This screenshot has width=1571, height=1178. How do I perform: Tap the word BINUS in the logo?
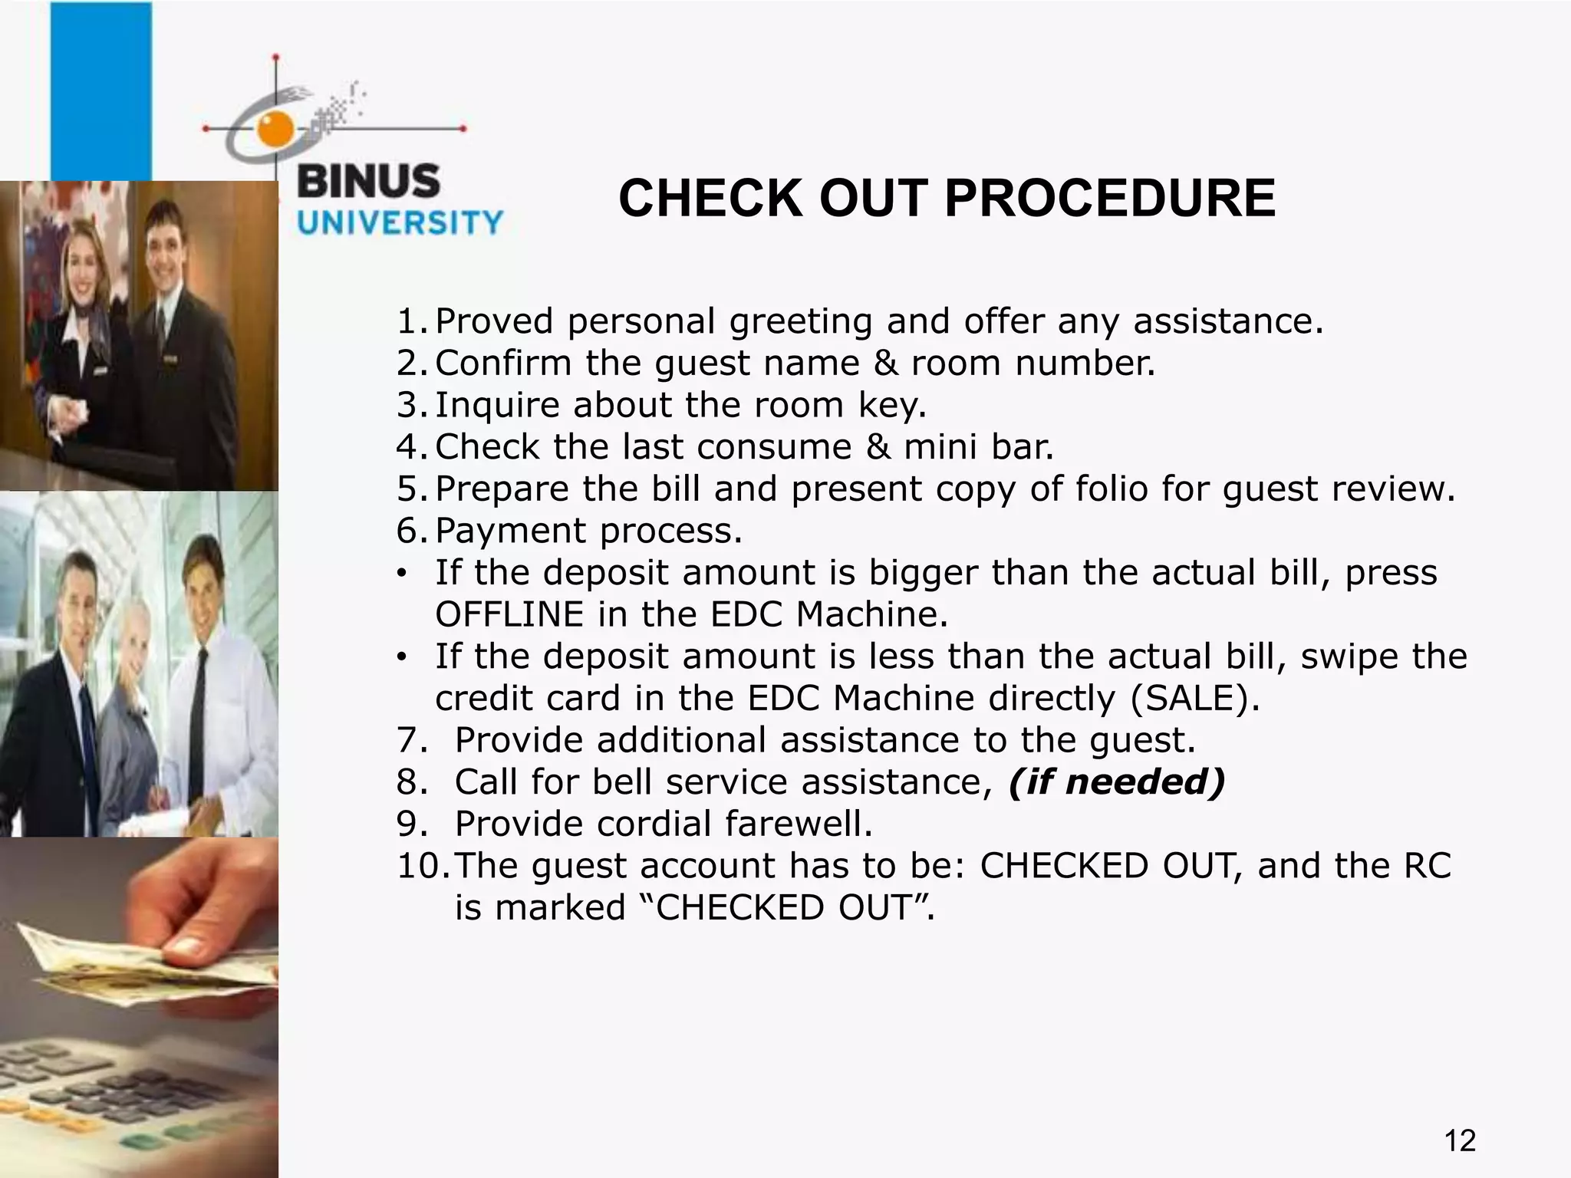pyautogui.click(x=368, y=183)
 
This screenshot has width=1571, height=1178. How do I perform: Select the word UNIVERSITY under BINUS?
pyautogui.click(x=400, y=223)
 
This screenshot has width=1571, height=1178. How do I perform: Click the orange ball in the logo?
pyautogui.click(x=275, y=128)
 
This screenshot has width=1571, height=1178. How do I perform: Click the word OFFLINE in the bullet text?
pyautogui.click(x=509, y=615)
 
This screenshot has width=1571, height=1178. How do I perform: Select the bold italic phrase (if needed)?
pyautogui.click(x=1116, y=782)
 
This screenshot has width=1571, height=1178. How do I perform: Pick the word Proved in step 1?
pyautogui.click(x=494, y=321)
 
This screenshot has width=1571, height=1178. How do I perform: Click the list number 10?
pyautogui.click(x=420, y=867)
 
